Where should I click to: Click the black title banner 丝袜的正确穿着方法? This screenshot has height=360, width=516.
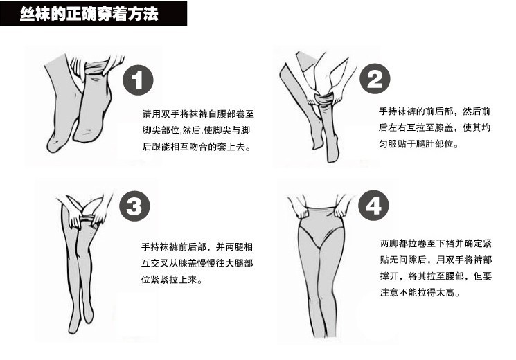click(x=94, y=13)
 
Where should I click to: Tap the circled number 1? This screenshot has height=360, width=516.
click(x=139, y=80)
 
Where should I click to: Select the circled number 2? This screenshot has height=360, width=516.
click(x=375, y=79)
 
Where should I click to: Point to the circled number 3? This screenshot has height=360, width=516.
click(x=134, y=206)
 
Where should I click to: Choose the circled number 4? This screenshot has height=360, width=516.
click(x=373, y=206)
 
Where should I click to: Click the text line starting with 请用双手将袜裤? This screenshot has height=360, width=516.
click(x=198, y=114)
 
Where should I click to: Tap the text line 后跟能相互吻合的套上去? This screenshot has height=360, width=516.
click(x=197, y=147)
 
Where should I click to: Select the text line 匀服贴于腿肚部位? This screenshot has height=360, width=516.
click(x=418, y=143)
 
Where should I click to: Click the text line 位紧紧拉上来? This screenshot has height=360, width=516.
click(x=172, y=280)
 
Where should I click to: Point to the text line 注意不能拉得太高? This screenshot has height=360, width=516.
click(x=420, y=292)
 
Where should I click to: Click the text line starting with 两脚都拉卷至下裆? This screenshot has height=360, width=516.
click(x=436, y=243)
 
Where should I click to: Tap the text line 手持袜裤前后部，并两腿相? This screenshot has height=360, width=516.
click(x=197, y=246)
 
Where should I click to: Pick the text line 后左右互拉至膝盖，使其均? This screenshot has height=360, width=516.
click(x=435, y=127)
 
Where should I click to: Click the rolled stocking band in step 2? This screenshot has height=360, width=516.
click(x=323, y=99)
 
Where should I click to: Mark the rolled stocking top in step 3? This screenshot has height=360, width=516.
click(x=87, y=219)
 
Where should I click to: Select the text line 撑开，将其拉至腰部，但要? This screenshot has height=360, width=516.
click(x=436, y=276)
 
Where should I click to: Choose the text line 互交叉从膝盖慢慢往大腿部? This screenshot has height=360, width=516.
click(x=197, y=263)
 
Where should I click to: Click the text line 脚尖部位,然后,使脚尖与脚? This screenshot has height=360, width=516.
click(x=196, y=130)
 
